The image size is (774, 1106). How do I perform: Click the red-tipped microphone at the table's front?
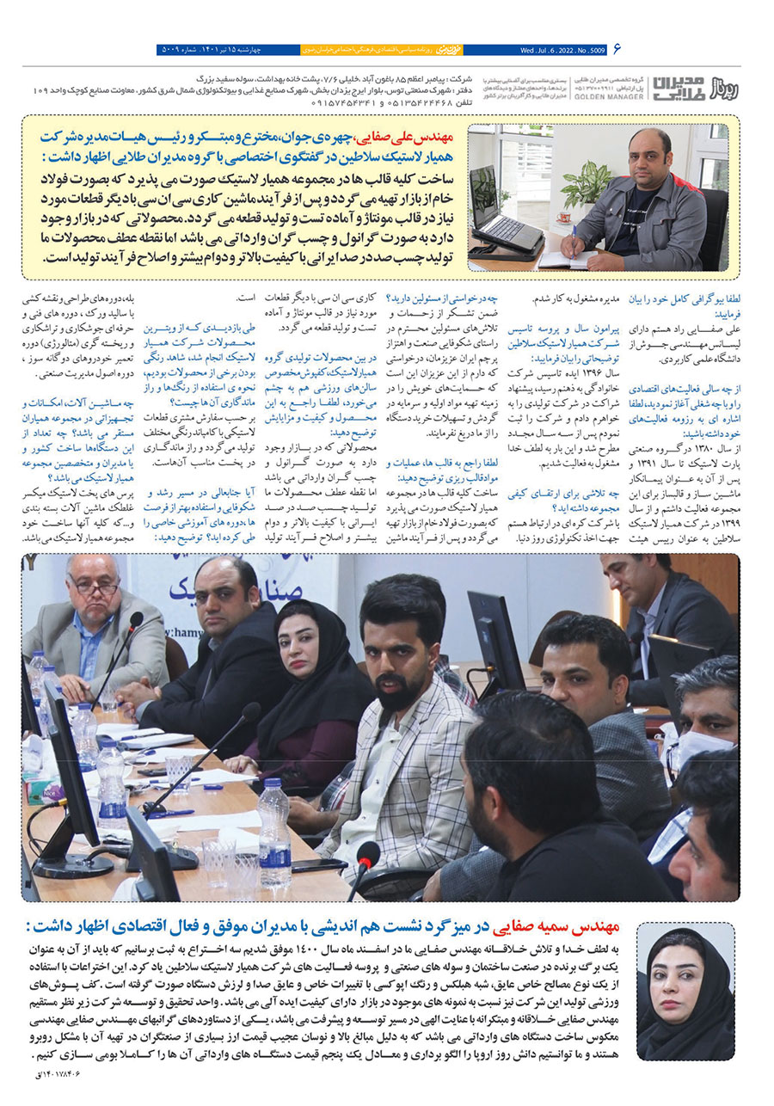point(368,853)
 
